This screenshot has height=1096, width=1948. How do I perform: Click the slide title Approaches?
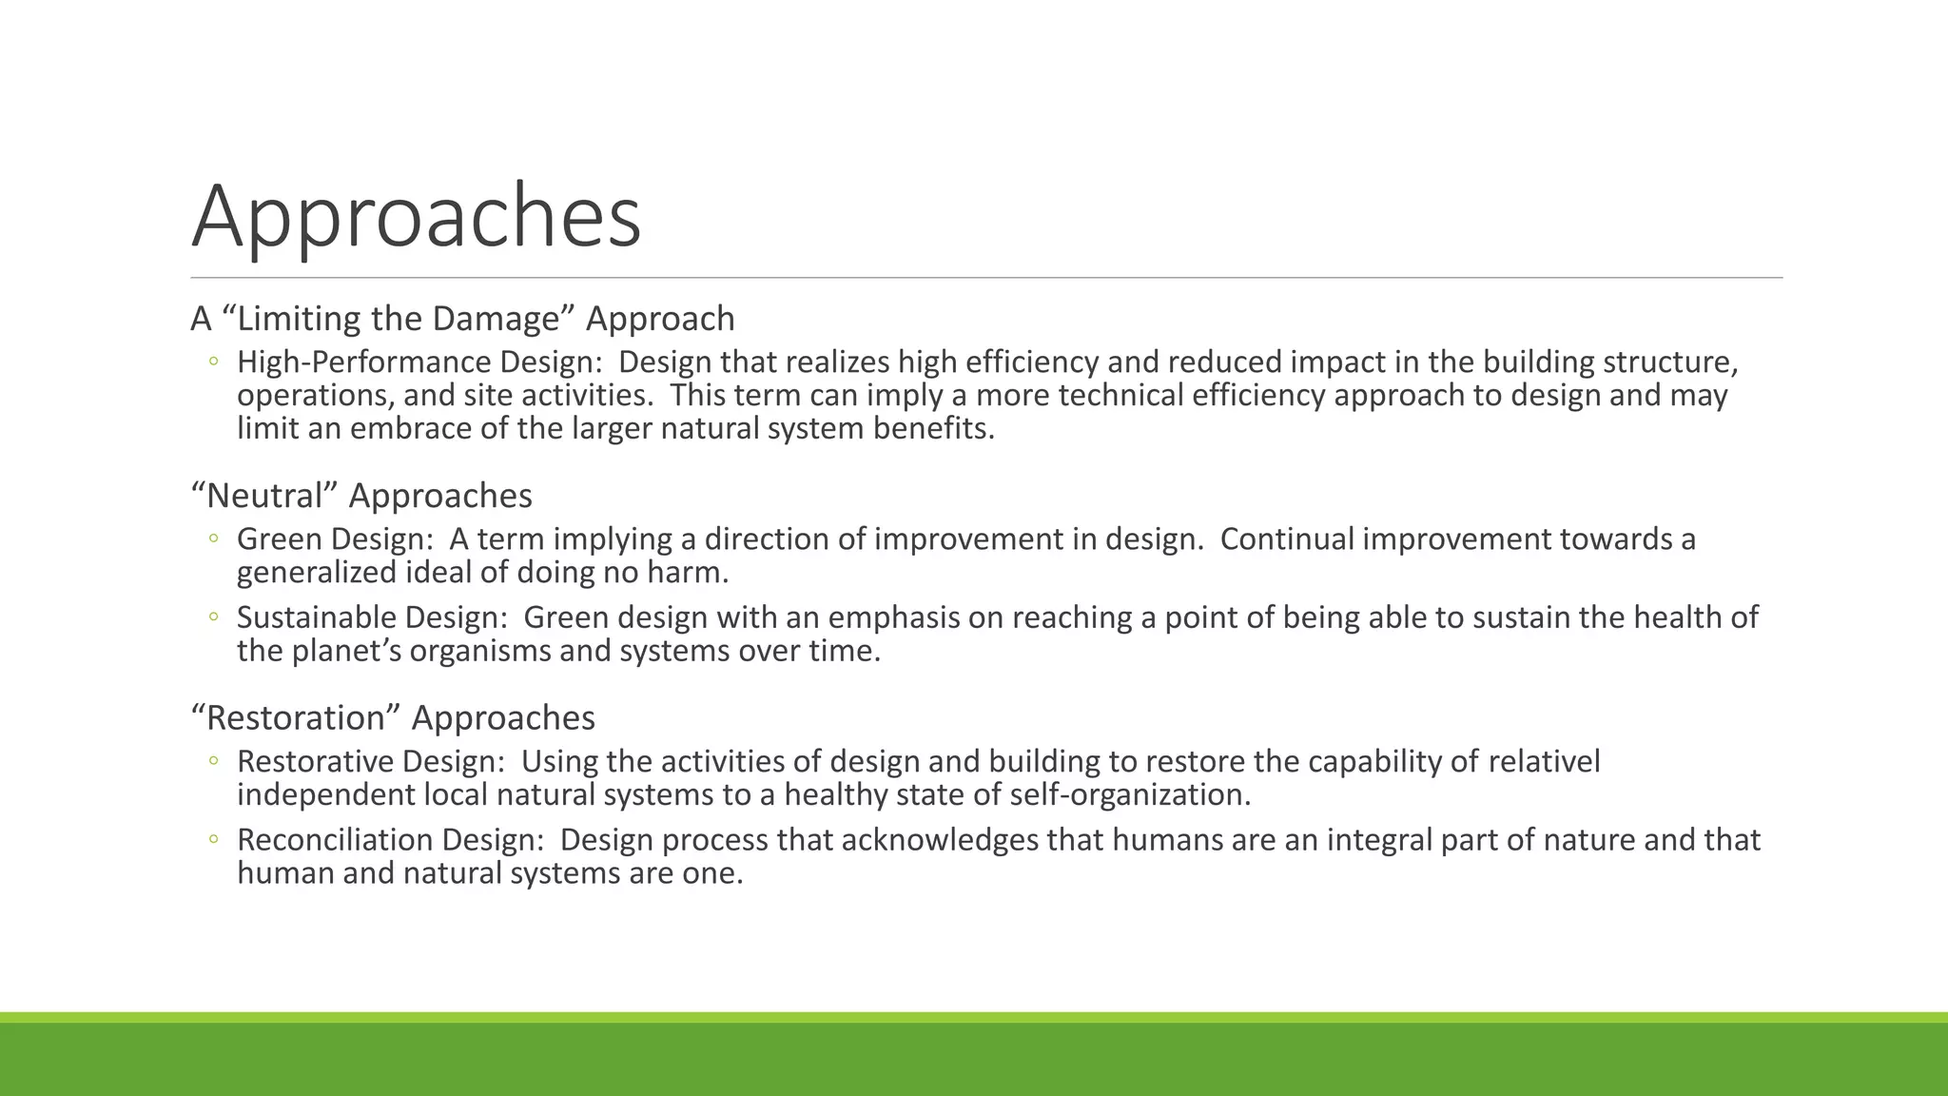(416, 217)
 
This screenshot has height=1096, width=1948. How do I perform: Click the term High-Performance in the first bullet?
(364, 362)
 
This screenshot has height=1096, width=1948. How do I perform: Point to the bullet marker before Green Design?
(214, 538)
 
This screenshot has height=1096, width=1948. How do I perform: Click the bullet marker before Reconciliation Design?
(214, 839)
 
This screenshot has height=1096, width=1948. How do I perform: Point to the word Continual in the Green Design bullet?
(1287, 539)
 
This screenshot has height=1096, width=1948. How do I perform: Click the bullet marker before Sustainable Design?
(214, 617)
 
